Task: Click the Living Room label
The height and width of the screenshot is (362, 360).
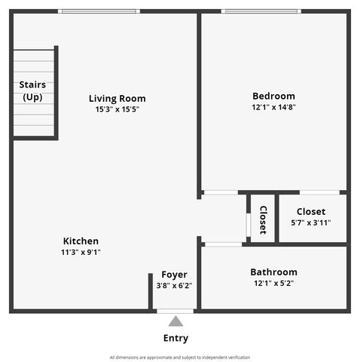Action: coord(117,98)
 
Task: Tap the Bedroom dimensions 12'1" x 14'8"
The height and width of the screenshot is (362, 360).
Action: coord(273,108)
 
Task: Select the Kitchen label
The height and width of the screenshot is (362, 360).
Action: coord(81,241)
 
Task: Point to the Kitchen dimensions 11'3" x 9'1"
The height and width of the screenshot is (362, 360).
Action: coord(81,252)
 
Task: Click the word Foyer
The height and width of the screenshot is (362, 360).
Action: coord(174,275)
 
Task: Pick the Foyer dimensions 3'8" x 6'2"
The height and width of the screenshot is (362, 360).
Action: coord(174,286)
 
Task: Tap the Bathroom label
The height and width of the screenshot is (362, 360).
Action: coord(273,271)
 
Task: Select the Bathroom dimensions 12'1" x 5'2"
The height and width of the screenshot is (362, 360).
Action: coord(273,283)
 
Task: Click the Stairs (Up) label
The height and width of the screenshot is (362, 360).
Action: coord(32,90)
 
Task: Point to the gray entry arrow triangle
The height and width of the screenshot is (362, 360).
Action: coord(175,321)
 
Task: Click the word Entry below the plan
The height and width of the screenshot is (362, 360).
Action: coord(175,338)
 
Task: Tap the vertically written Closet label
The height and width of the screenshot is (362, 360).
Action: coord(263,219)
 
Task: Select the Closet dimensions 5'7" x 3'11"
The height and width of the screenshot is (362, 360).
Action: coord(310,222)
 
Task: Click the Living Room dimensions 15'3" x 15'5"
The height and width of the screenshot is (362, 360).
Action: coord(117,109)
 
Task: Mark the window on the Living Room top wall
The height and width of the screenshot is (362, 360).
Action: coord(99,11)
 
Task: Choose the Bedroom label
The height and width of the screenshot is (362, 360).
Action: coord(273,96)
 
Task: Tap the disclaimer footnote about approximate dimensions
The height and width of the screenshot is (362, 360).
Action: coord(179,357)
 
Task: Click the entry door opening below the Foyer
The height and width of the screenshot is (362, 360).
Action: coord(175,310)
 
